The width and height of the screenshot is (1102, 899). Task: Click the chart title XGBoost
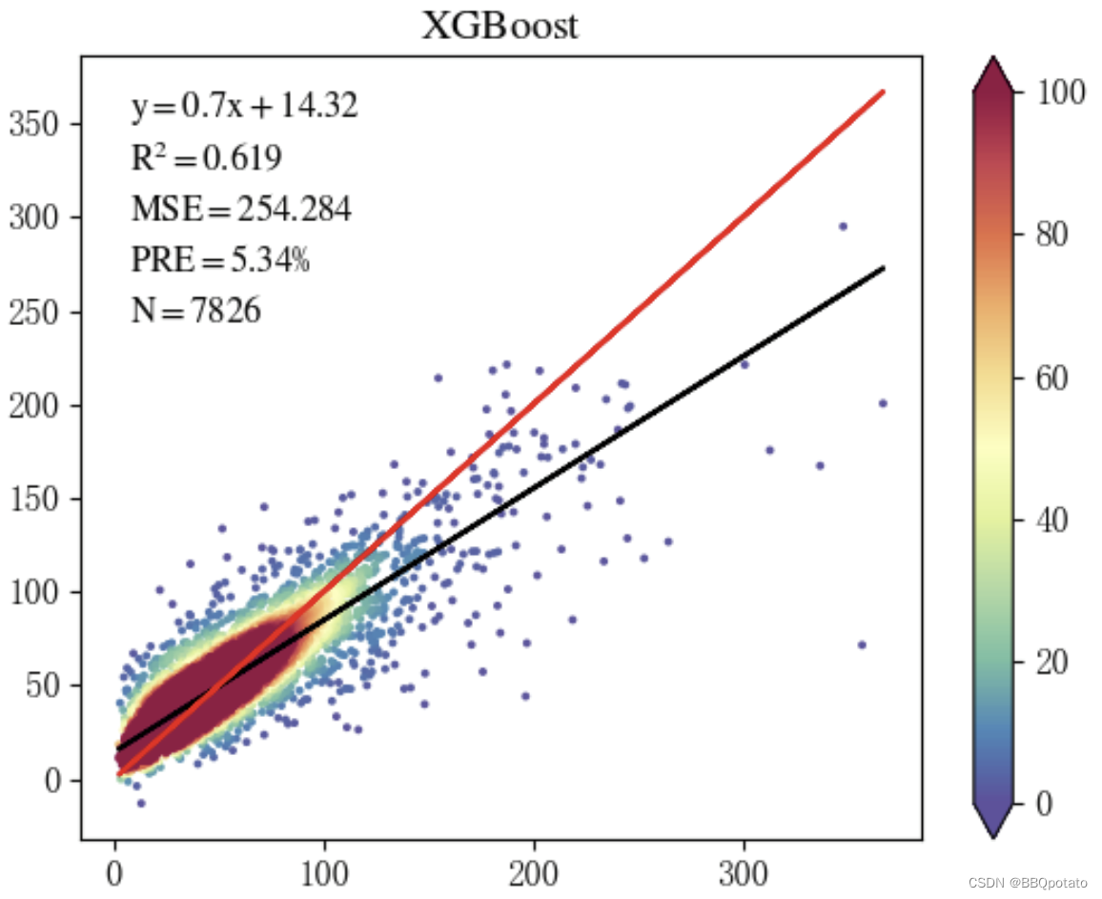pyautogui.click(x=500, y=26)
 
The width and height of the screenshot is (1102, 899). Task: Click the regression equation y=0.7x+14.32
pyautogui.click(x=244, y=106)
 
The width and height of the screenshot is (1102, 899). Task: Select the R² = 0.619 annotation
pyautogui.click(x=206, y=156)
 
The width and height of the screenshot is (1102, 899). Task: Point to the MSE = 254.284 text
pyautogui.click(x=240, y=208)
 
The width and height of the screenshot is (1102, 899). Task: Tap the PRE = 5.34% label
pyautogui.click(x=220, y=258)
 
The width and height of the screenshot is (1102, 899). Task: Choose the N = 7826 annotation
pyautogui.click(x=195, y=310)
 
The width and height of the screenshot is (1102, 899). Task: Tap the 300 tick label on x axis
pyautogui.click(x=745, y=869)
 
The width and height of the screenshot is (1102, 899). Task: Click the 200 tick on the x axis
pyautogui.click(x=535, y=869)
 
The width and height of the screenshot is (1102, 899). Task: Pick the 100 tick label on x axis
pyautogui.click(x=325, y=869)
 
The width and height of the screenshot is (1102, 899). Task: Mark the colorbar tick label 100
pyautogui.click(x=1060, y=92)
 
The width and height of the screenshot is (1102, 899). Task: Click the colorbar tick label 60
pyautogui.click(x=1053, y=378)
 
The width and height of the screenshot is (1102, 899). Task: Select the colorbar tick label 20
pyautogui.click(x=1053, y=662)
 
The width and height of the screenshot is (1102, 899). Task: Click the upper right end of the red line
pyautogui.click(x=883, y=92)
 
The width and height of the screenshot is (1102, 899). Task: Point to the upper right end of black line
pyautogui.click(x=883, y=268)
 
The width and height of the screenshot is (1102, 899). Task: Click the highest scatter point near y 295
pyautogui.click(x=843, y=226)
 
